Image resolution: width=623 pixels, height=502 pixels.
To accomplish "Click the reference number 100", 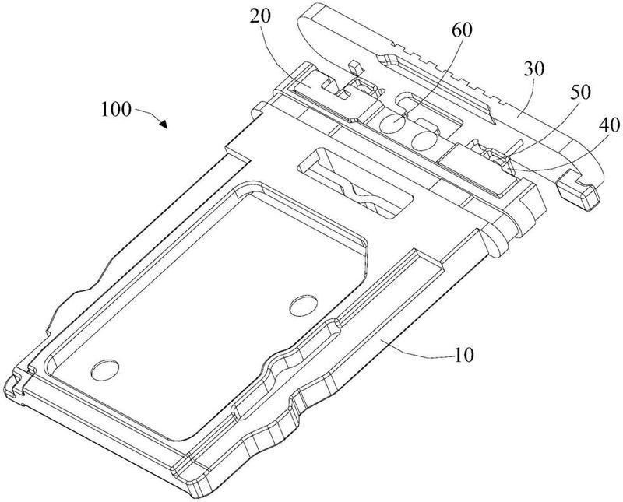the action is [x=115, y=109].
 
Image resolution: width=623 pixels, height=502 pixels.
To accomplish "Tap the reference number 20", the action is [x=260, y=16].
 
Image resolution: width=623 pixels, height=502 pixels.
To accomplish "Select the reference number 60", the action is [x=462, y=30].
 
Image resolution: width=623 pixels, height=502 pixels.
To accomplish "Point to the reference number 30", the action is [x=533, y=69].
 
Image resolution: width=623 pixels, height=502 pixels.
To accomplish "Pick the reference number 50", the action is [x=580, y=92].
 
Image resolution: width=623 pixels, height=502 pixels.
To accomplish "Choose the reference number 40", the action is [x=609, y=125].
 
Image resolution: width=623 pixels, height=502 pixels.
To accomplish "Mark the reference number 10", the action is [x=463, y=355].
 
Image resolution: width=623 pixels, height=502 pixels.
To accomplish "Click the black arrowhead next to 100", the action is [x=164, y=124].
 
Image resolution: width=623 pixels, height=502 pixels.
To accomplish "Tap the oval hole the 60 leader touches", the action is [x=392, y=123].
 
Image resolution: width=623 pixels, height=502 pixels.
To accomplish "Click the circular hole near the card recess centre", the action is [x=304, y=305].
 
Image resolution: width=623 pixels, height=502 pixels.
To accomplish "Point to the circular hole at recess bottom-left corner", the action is [x=105, y=370].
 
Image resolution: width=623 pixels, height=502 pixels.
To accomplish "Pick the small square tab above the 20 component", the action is [x=356, y=67].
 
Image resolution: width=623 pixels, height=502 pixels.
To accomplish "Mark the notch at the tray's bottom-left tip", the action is [x=16, y=384].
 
